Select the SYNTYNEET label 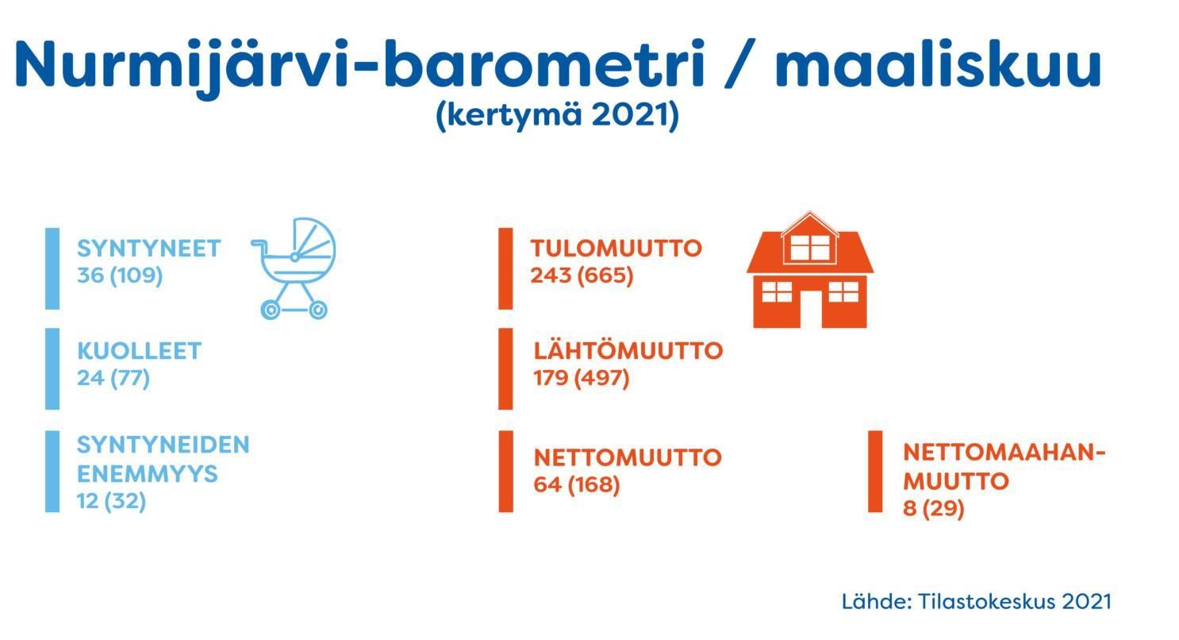point(149,249)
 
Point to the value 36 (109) point(120,276)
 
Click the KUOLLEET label point(140,351)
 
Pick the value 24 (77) point(113,378)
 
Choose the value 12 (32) point(111,501)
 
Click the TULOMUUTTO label point(616,249)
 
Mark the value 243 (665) point(582,276)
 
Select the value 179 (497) point(581,378)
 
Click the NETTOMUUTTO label point(628,457)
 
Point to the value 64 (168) point(577,484)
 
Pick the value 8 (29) point(934,508)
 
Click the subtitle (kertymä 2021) point(558,114)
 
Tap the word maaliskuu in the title point(939,64)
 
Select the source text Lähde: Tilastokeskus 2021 point(977,602)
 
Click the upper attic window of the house point(810,247)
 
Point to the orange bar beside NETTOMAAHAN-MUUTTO point(875,472)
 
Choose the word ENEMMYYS point(148,474)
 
